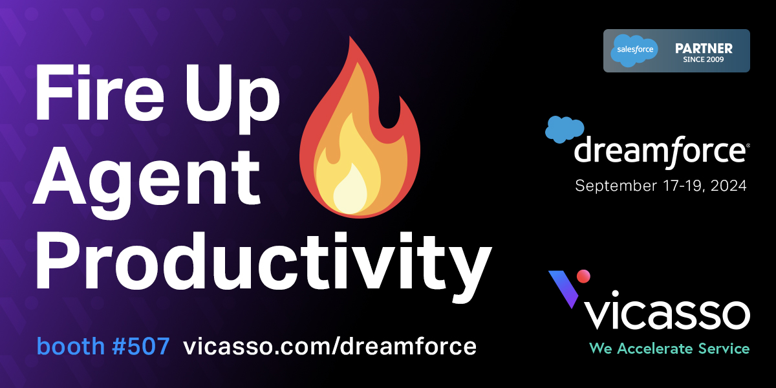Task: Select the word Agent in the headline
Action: [x=146, y=173]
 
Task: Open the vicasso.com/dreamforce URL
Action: [x=330, y=347]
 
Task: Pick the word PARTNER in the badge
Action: [x=704, y=48]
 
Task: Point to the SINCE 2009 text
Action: [x=704, y=60]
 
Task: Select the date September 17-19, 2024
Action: [x=661, y=186]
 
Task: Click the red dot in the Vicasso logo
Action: [x=583, y=276]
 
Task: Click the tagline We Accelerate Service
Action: [x=669, y=349]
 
